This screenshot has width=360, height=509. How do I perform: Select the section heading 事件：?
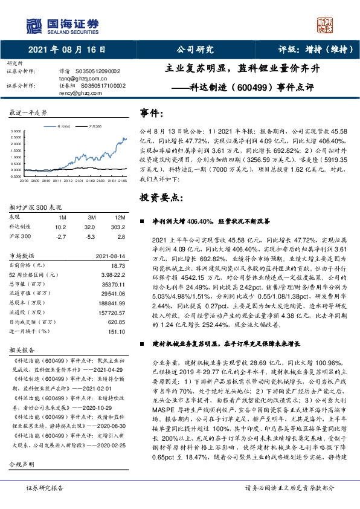coord(152,113)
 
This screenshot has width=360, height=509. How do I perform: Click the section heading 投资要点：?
coord(159,197)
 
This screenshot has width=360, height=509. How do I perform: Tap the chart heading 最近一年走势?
coord(27,113)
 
